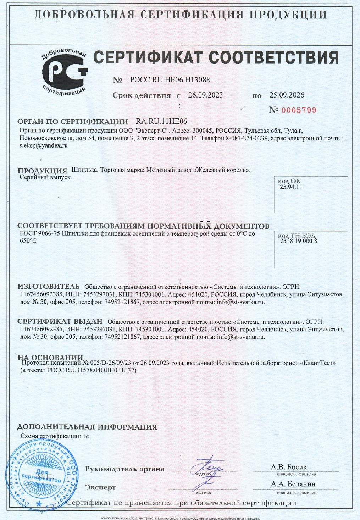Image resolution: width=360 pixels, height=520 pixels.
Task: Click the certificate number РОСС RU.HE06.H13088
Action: pos(170,80)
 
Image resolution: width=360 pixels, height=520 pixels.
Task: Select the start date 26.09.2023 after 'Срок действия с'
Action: pos(205,95)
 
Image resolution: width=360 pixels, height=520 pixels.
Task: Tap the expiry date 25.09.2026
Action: pos(287,95)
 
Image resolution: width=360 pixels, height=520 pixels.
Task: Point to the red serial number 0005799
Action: pos(299,110)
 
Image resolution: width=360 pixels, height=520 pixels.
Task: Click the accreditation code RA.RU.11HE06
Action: pos(161,122)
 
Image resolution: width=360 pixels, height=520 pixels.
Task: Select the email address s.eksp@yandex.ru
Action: pos(44,145)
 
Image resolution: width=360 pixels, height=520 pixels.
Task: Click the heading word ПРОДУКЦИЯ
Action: pos(42,171)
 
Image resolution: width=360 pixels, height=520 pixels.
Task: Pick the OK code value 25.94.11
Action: pos(291,187)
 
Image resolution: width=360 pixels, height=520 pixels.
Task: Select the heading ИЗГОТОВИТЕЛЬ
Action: pos(49,287)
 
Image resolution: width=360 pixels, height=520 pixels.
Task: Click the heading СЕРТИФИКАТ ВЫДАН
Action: pos(60,322)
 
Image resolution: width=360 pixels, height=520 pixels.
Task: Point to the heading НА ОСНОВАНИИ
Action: pos(50,358)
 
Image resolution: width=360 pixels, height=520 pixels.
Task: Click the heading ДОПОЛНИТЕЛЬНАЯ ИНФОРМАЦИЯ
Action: pos(87,427)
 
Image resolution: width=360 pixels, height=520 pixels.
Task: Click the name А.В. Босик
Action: pos(289,467)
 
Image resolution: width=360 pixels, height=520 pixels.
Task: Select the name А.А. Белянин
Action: pos(293,484)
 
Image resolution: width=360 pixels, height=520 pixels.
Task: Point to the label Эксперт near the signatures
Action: pos(100,487)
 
